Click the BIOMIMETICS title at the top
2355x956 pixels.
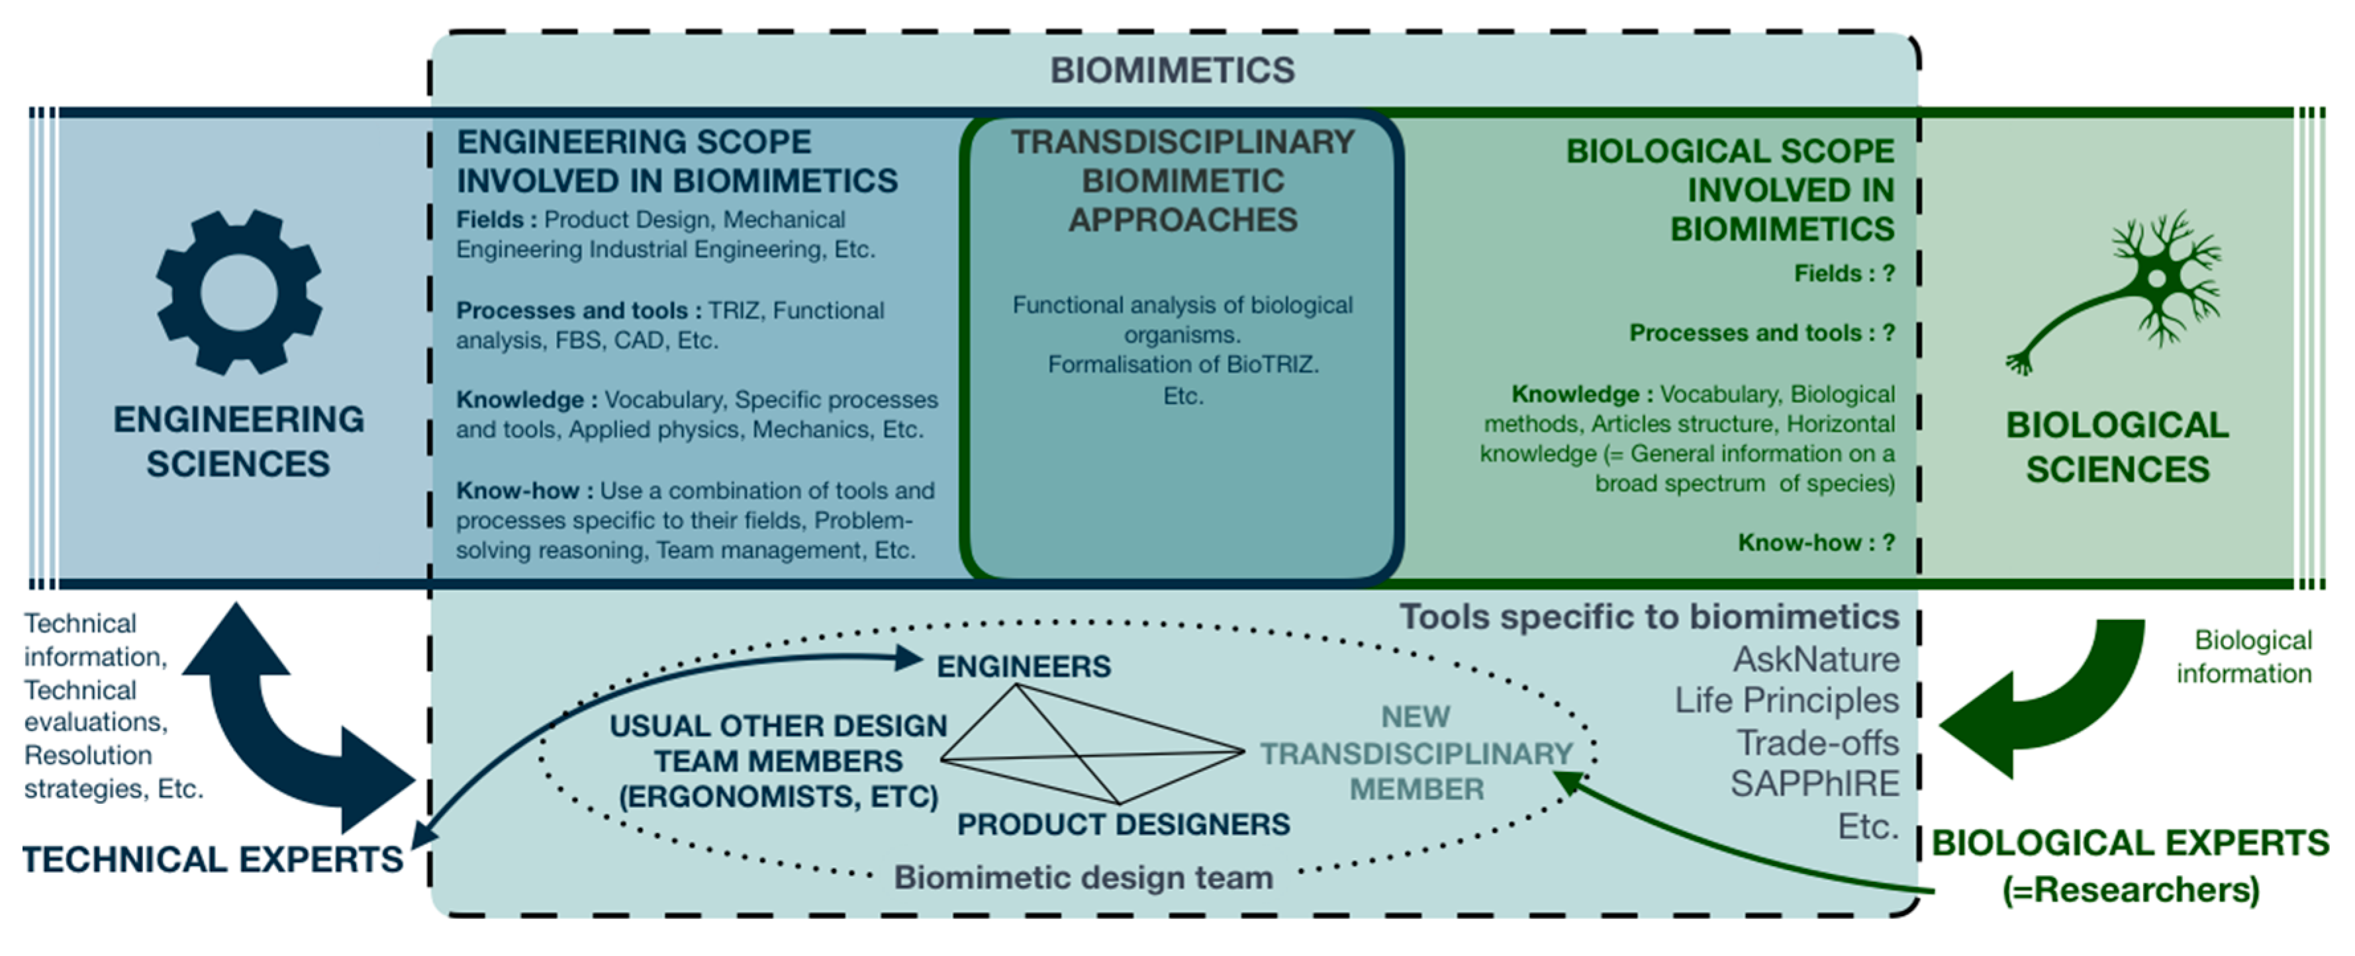[1172, 70]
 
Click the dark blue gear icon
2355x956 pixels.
[238, 292]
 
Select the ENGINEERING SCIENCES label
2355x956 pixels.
[238, 441]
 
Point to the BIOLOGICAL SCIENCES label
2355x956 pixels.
[2117, 447]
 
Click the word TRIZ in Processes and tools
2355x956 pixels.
[733, 311]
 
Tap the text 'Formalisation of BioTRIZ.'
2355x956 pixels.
[1183, 365]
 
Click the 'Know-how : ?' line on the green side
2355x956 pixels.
[1815, 543]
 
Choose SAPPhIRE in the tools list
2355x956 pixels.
[1814, 784]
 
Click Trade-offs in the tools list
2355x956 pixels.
[1817, 743]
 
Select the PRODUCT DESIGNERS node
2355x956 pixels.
[1123, 824]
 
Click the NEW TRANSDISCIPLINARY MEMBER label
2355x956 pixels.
[1416, 753]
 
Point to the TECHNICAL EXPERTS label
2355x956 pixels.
[212, 859]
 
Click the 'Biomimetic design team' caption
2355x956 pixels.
[1083, 877]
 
